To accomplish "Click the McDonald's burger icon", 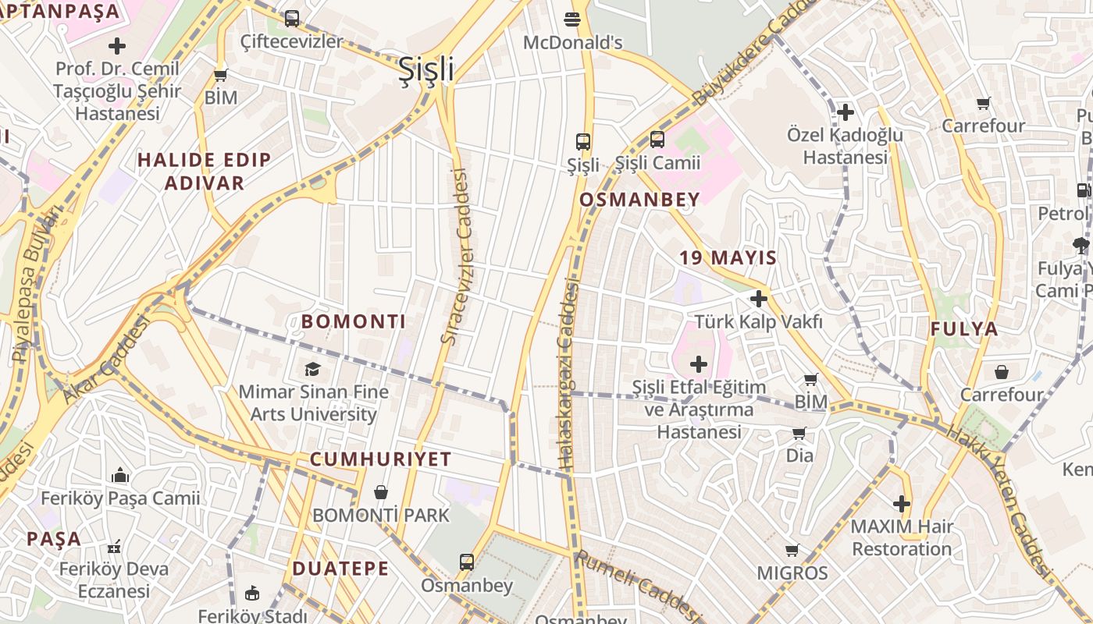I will [572, 19].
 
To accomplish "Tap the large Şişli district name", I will [426, 69].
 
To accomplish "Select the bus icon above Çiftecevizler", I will [291, 18].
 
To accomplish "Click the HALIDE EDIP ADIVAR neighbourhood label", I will [205, 172].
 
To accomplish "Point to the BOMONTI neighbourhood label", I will [354, 321].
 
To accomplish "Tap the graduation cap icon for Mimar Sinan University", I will [312, 369].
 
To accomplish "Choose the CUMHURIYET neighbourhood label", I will [381, 459].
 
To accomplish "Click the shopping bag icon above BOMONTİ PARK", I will [381, 492].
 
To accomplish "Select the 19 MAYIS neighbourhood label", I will [728, 258].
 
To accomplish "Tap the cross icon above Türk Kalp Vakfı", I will [758, 299].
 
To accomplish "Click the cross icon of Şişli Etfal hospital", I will [699, 364].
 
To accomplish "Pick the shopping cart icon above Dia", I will [799, 433].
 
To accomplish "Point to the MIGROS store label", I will [792, 573].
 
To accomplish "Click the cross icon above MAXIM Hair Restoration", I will [902, 504].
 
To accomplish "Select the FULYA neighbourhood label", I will [964, 329].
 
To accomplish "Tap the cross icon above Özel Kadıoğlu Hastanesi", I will [845, 112].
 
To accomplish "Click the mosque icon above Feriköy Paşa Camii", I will [120, 475].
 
